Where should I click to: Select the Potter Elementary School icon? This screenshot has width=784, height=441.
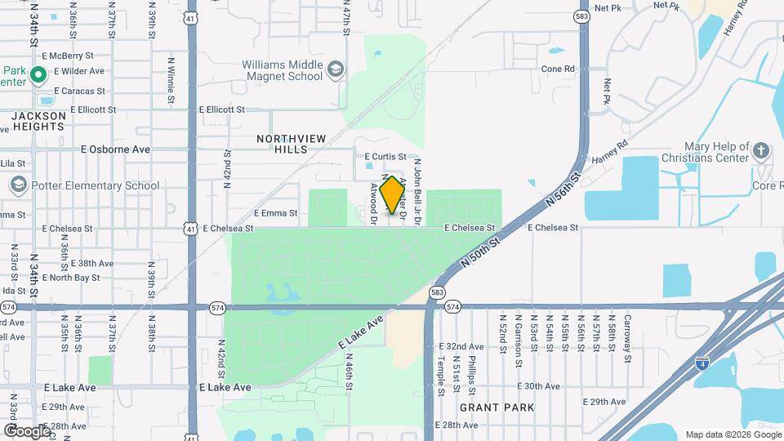(x=18, y=185)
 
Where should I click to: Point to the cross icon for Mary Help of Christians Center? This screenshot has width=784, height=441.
(x=760, y=151)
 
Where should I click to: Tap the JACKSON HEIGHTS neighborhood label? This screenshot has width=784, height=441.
(x=38, y=122)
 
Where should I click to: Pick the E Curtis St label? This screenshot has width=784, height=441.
(x=385, y=156)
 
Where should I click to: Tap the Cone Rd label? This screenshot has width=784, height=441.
(x=558, y=69)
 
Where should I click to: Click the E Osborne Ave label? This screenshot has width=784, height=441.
(x=115, y=149)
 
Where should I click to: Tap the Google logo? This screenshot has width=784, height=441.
(x=26, y=430)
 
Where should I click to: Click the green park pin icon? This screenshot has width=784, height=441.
(x=38, y=77)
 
